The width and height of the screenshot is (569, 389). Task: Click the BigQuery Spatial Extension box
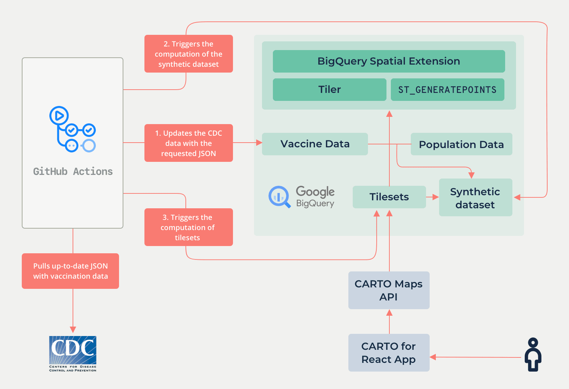(389, 61)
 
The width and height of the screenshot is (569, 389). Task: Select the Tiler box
(329, 89)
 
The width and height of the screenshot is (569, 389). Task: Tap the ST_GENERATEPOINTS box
(447, 89)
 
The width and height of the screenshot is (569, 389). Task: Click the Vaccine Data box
(315, 144)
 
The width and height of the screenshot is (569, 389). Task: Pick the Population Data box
(461, 144)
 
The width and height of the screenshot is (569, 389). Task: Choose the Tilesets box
(389, 197)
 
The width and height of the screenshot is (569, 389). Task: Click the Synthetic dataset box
(475, 197)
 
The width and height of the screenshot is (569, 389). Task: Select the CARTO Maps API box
(389, 290)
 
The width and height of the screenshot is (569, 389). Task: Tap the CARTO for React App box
(389, 352)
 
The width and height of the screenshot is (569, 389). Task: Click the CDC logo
(73, 353)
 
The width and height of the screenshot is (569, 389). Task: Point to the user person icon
(533, 355)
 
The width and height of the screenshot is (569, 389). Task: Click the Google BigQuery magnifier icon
(279, 197)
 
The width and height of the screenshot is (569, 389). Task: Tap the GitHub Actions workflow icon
(73, 129)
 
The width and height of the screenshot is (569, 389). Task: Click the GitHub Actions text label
(73, 171)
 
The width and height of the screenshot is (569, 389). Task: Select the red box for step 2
(188, 54)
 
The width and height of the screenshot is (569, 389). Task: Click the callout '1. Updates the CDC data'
(188, 143)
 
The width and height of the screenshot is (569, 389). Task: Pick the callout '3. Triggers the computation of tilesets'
(188, 227)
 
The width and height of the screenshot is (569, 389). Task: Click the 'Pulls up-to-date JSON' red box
(70, 271)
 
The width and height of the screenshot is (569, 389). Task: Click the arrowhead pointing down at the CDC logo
(73, 329)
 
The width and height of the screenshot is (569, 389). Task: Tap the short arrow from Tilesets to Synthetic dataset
(433, 197)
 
